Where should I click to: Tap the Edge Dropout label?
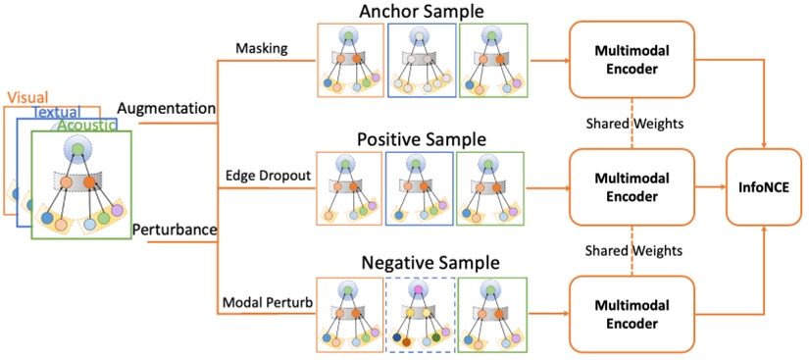[269, 174]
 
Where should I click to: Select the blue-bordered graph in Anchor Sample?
[419, 61]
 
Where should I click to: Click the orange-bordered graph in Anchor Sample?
[349, 61]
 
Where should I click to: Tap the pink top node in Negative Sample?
[419, 290]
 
